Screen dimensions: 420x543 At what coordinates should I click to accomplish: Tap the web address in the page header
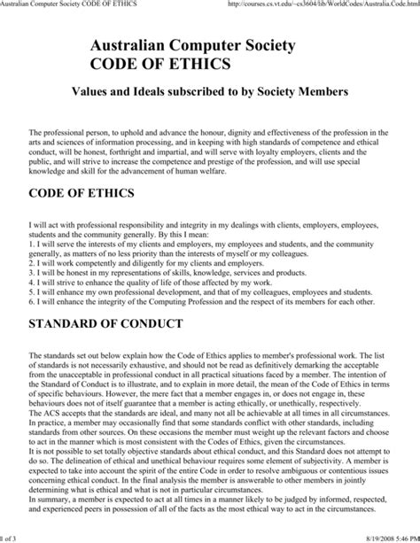323,5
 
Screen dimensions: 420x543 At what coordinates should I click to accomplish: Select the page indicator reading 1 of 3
11,536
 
